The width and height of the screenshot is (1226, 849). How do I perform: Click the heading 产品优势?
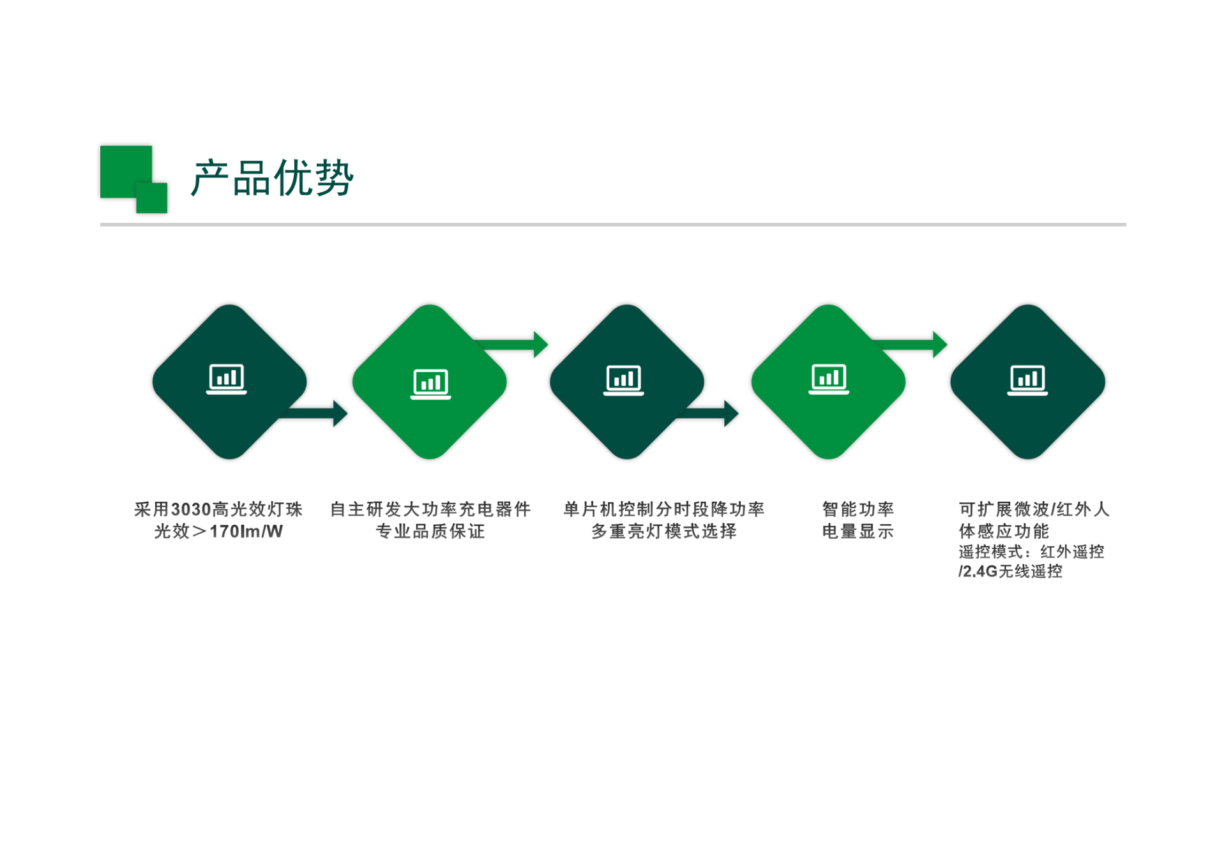coord(272,177)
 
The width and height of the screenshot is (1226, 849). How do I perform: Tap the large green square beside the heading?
coord(126,172)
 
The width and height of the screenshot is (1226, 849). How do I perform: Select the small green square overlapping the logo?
coord(151,197)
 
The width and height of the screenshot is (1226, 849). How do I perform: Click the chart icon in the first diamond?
coord(227,379)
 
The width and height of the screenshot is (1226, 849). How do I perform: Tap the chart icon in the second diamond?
coord(430,384)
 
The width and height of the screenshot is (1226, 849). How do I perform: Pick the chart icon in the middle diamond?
coord(624,380)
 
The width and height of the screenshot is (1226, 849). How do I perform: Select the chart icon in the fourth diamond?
coord(829,379)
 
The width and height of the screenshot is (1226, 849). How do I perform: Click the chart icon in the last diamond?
coord(1027,380)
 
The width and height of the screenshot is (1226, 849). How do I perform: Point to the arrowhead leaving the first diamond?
coord(340,414)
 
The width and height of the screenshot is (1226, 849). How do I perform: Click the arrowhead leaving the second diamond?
coord(541,345)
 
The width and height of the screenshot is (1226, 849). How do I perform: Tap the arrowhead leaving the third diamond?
coord(732,414)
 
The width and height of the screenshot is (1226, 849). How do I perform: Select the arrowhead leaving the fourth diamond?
coord(940,345)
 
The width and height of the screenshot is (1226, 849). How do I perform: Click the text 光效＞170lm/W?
coord(218,531)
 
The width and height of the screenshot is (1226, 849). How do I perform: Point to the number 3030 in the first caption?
coord(191,509)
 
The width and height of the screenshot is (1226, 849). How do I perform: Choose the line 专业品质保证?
coord(430,531)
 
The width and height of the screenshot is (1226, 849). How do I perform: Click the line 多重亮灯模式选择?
coord(664,531)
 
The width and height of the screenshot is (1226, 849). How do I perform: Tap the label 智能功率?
coord(858,509)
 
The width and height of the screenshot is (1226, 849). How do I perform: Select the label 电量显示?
coord(858,531)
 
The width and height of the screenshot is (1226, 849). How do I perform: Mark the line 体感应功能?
coord(1004,531)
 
